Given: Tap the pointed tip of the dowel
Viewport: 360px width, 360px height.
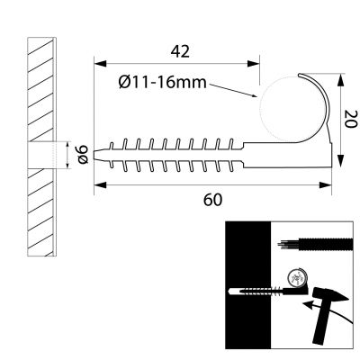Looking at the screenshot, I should coord(98,154).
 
